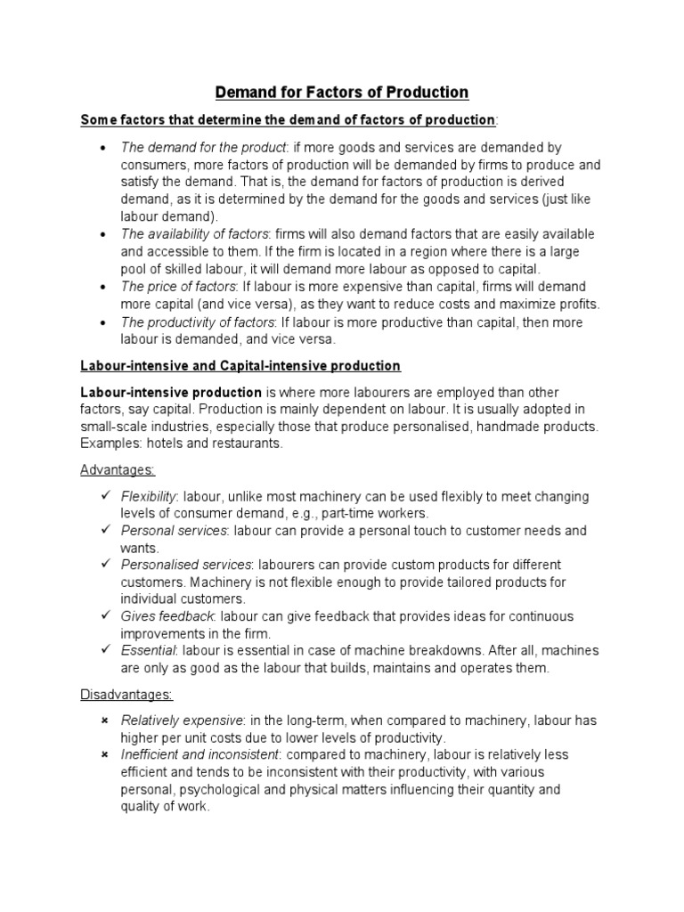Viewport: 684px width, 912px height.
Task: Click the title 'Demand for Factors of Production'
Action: click(342, 92)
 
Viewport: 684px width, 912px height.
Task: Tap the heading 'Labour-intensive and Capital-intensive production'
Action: click(240, 366)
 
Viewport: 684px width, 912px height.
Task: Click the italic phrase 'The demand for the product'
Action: click(204, 147)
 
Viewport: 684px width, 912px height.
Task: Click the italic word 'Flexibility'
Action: click(149, 496)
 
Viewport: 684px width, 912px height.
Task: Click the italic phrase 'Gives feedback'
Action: click(167, 616)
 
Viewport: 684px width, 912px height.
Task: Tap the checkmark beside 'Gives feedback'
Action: click(105, 616)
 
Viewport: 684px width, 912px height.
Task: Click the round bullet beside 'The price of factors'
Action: click(105, 286)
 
